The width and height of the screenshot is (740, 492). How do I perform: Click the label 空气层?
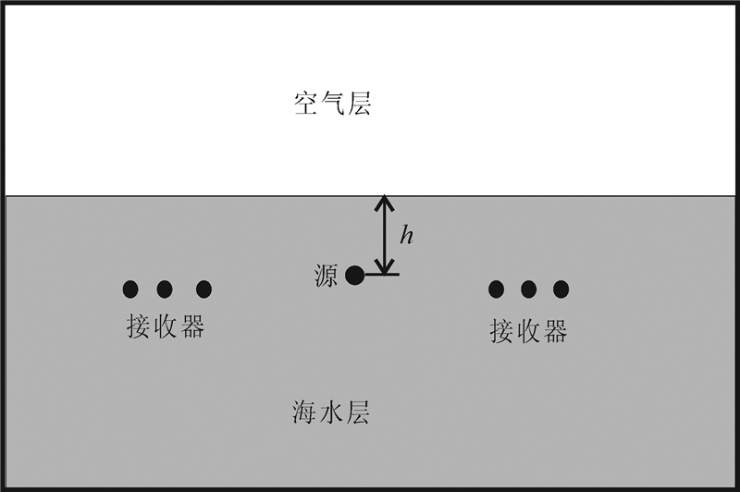(x=332, y=104)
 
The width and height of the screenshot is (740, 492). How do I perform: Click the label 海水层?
(x=331, y=412)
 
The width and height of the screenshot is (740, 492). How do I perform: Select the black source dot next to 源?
(x=354, y=275)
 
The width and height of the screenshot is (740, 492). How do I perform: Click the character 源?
(x=326, y=276)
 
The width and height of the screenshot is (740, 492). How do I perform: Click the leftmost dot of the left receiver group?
(x=130, y=289)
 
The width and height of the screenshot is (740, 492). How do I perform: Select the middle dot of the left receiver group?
(x=165, y=289)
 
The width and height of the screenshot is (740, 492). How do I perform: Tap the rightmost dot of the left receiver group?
(x=203, y=289)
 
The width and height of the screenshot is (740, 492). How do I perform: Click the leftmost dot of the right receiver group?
(x=497, y=289)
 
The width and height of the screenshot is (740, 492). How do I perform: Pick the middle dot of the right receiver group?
(x=529, y=289)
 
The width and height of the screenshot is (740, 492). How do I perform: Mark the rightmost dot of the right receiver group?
(x=561, y=289)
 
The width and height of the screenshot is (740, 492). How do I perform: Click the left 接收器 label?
(x=165, y=327)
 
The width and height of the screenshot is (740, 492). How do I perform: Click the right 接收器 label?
(x=528, y=330)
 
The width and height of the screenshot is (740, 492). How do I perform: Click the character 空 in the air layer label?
(x=306, y=104)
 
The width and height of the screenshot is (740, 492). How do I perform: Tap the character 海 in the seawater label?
(x=305, y=412)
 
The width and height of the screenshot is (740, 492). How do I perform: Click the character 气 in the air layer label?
(x=332, y=104)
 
